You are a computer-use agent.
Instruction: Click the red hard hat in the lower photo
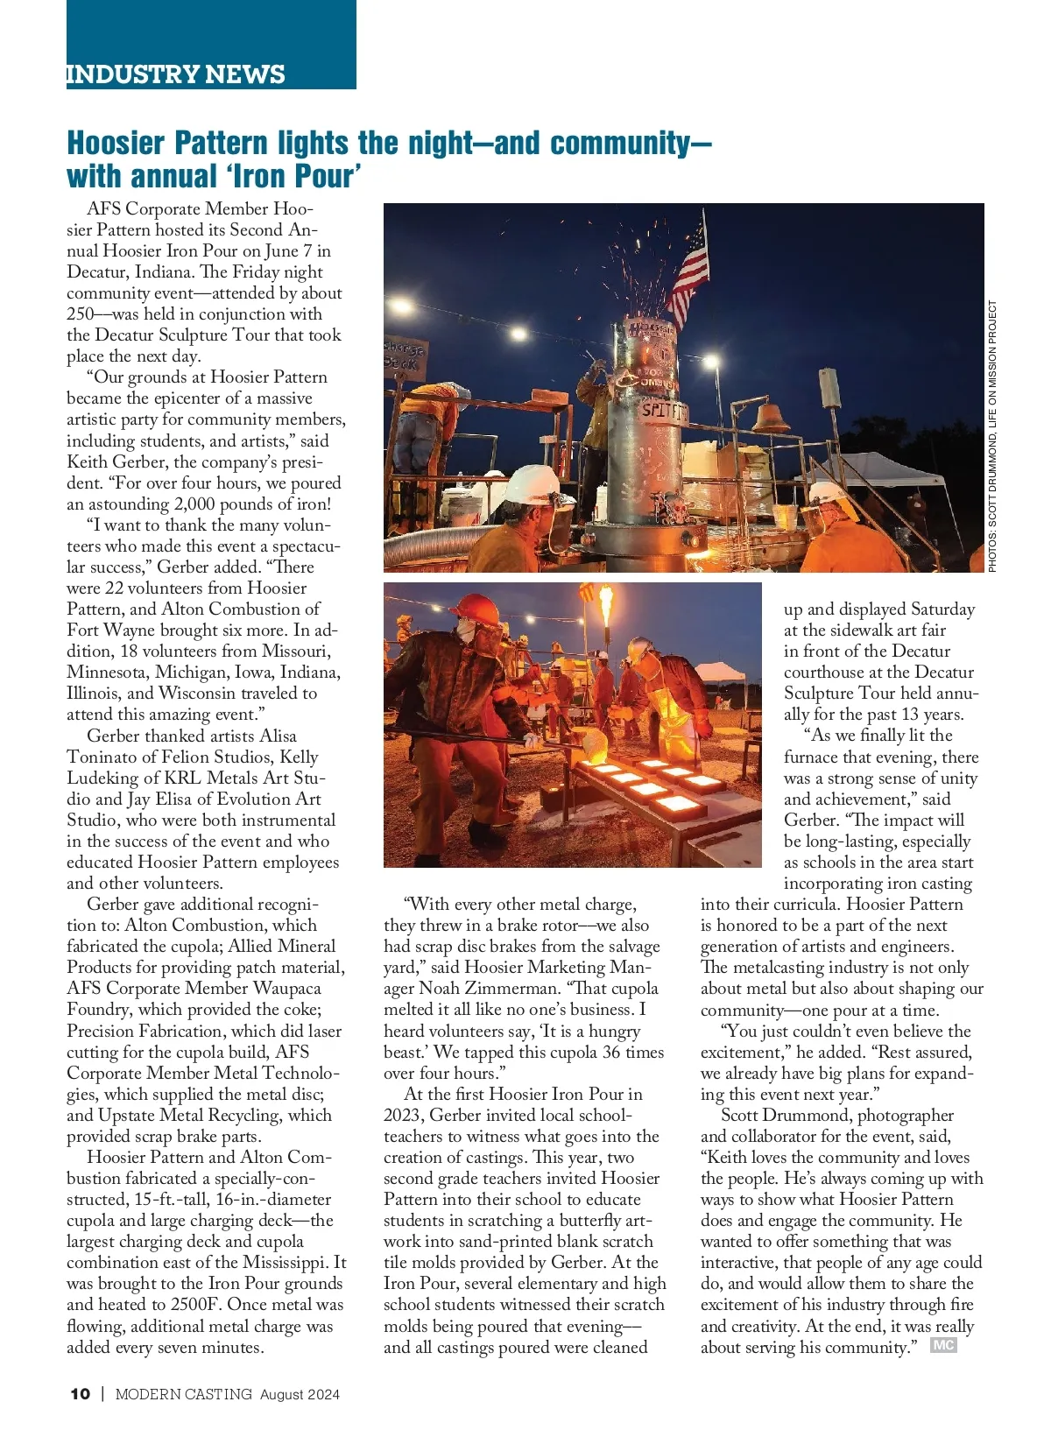click(x=475, y=609)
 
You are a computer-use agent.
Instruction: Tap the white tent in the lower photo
click(x=723, y=672)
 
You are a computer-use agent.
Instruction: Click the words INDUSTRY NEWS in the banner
click(x=176, y=74)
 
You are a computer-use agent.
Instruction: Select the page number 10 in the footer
click(x=80, y=1394)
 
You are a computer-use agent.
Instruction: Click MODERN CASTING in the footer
click(x=184, y=1394)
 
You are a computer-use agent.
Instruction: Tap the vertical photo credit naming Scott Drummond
click(x=992, y=436)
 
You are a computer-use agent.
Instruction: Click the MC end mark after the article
click(x=942, y=1345)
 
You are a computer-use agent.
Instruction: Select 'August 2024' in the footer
click(x=300, y=1394)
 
